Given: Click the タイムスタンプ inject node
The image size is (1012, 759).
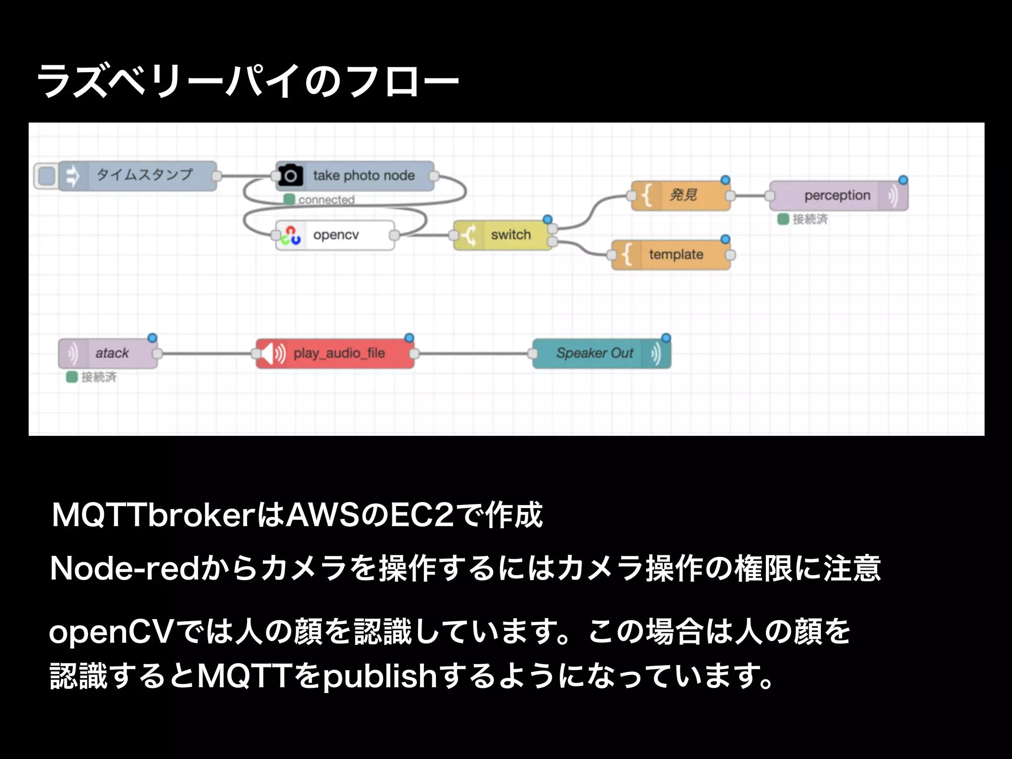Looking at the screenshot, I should pos(143,175).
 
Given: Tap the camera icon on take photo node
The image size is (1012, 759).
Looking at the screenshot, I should pos(291,175).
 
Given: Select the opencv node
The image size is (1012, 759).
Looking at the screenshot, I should pos(336,235).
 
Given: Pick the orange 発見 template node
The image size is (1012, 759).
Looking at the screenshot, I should pos(682,196).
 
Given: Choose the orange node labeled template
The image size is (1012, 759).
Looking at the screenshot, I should pos(675,255).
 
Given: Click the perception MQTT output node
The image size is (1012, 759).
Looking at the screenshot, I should pos(837,196).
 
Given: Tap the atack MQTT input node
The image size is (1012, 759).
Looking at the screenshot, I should pos(111,353).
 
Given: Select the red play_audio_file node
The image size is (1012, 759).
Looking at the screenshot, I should pos(338,353).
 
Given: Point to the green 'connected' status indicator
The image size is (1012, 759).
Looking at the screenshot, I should pos(289,200).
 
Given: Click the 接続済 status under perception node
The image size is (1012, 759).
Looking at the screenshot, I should pos(803,219).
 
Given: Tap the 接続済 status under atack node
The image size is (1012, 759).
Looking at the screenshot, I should pos(92,377).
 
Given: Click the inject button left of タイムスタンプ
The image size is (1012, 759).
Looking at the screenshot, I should pos(46,175).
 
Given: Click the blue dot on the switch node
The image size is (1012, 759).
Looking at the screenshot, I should pos(548,219).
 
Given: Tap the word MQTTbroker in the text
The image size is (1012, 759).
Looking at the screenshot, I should pos(153,515).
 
